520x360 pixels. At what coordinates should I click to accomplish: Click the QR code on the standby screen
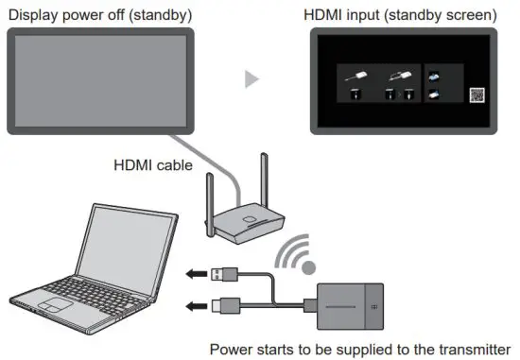tap(477, 95)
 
